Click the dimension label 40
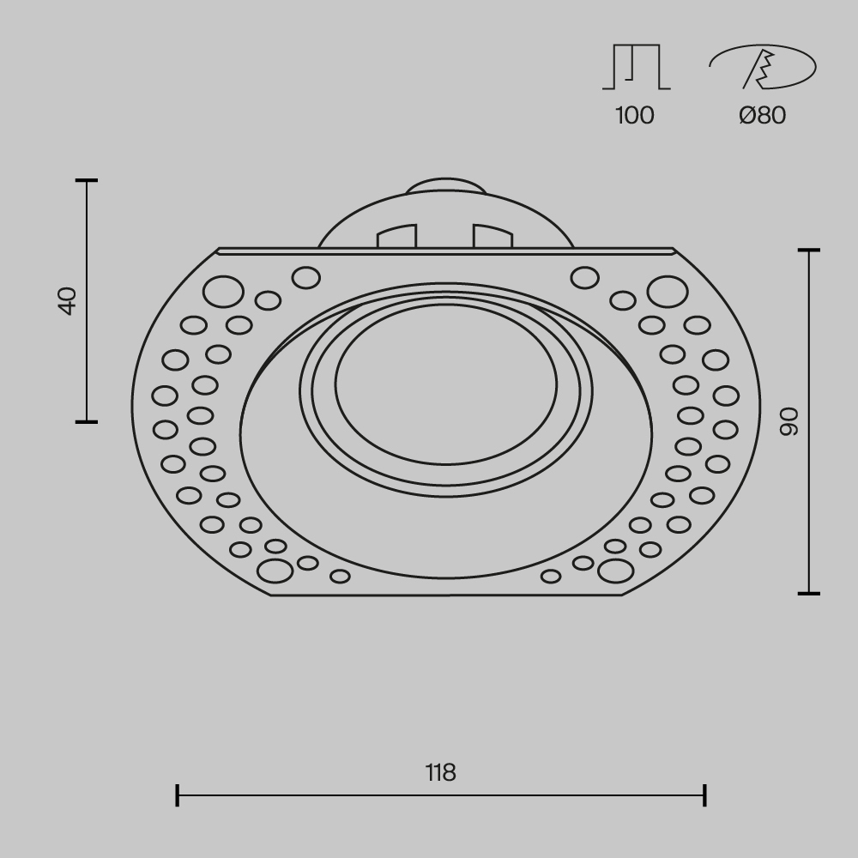[68, 301]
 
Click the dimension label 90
[789, 420]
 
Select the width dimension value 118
[441, 772]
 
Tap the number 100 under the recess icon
[635, 115]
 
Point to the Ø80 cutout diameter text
[762, 115]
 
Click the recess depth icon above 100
[636, 67]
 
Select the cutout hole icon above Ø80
[762, 67]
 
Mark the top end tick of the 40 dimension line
[87, 181]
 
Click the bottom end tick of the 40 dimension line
[87, 421]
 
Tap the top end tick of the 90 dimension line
[808, 251]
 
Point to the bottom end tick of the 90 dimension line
[808, 593]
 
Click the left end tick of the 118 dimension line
[177, 795]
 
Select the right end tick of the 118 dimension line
[704, 795]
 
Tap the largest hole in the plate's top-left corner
[223, 292]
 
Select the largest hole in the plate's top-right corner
[667, 292]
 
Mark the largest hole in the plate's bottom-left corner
[275, 570]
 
